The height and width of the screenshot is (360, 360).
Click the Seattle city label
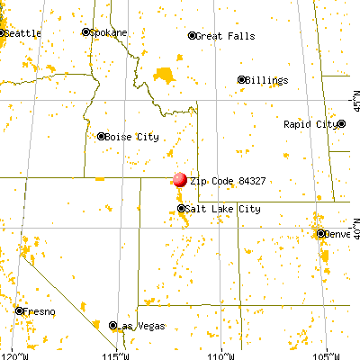[22, 32]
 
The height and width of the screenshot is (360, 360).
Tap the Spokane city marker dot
[86, 31]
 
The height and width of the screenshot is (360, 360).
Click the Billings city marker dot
[241, 79]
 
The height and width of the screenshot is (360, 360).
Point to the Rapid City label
[311, 124]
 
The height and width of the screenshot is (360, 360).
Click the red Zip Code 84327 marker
[179, 179]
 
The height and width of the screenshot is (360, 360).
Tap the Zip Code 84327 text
[225, 180]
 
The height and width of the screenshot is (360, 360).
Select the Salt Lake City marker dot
[181, 208]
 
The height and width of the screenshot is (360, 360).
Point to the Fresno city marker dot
[20, 310]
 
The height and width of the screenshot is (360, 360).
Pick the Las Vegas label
[136, 326]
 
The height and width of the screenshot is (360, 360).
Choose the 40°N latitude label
[354, 220]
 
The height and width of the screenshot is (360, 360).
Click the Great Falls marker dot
[192, 36]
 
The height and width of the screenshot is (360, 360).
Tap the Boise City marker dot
[101, 136]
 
